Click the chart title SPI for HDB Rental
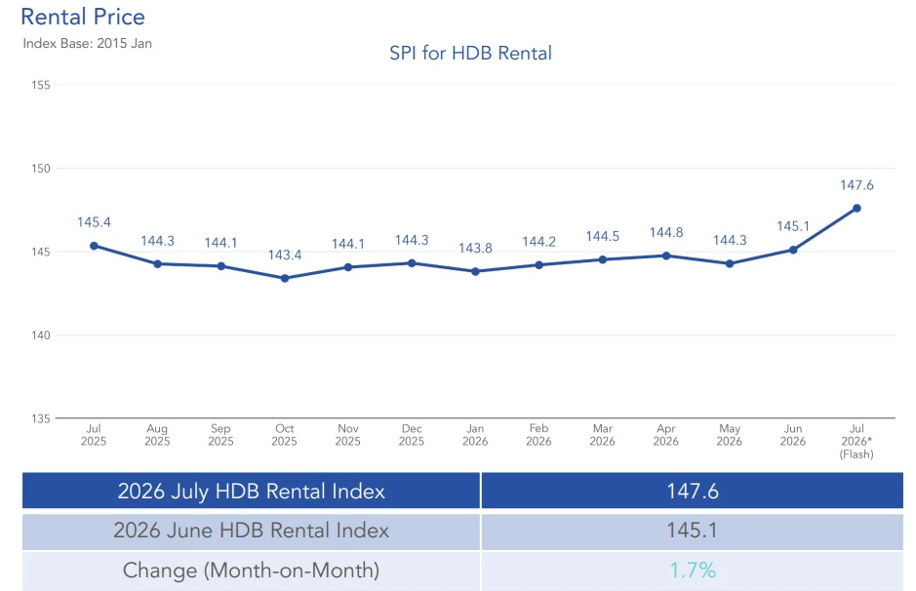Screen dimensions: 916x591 470,53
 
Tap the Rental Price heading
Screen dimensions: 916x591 83,17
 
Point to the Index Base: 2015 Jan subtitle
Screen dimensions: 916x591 88,43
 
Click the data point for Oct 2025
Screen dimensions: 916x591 285,279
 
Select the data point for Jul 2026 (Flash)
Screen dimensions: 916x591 856,209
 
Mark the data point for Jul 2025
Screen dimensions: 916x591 94,246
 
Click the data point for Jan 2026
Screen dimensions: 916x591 475,271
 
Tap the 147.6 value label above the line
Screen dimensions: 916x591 856,185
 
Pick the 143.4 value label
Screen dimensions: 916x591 285,256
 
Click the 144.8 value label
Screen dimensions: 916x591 666,232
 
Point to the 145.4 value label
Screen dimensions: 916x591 94,222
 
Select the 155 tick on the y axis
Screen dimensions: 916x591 41,85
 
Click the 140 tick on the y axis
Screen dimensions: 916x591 41,335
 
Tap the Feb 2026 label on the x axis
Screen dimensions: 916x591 538,435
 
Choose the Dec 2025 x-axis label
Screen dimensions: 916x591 412,435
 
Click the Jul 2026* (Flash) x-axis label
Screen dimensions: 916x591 856,442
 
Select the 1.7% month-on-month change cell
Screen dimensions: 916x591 693,571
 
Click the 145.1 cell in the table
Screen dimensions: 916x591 693,531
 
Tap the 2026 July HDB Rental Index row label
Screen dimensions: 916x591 252,492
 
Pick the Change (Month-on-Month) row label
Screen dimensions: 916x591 252,571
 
